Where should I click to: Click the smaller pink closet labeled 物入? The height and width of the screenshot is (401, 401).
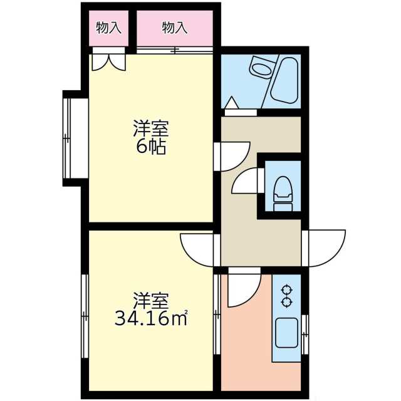click(x=108, y=28)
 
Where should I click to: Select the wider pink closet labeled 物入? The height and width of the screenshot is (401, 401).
click(x=175, y=28)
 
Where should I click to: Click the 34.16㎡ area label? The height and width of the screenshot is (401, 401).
click(x=151, y=319)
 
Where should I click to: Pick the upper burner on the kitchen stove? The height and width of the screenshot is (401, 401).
click(x=288, y=291)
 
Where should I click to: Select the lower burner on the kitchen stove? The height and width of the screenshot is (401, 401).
click(x=288, y=303)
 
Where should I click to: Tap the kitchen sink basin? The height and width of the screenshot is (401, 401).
click(x=286, y=330)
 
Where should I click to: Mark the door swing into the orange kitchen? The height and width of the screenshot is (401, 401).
click(x=242, y=288)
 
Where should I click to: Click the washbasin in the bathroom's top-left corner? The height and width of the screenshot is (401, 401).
click(x=259, y=65)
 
